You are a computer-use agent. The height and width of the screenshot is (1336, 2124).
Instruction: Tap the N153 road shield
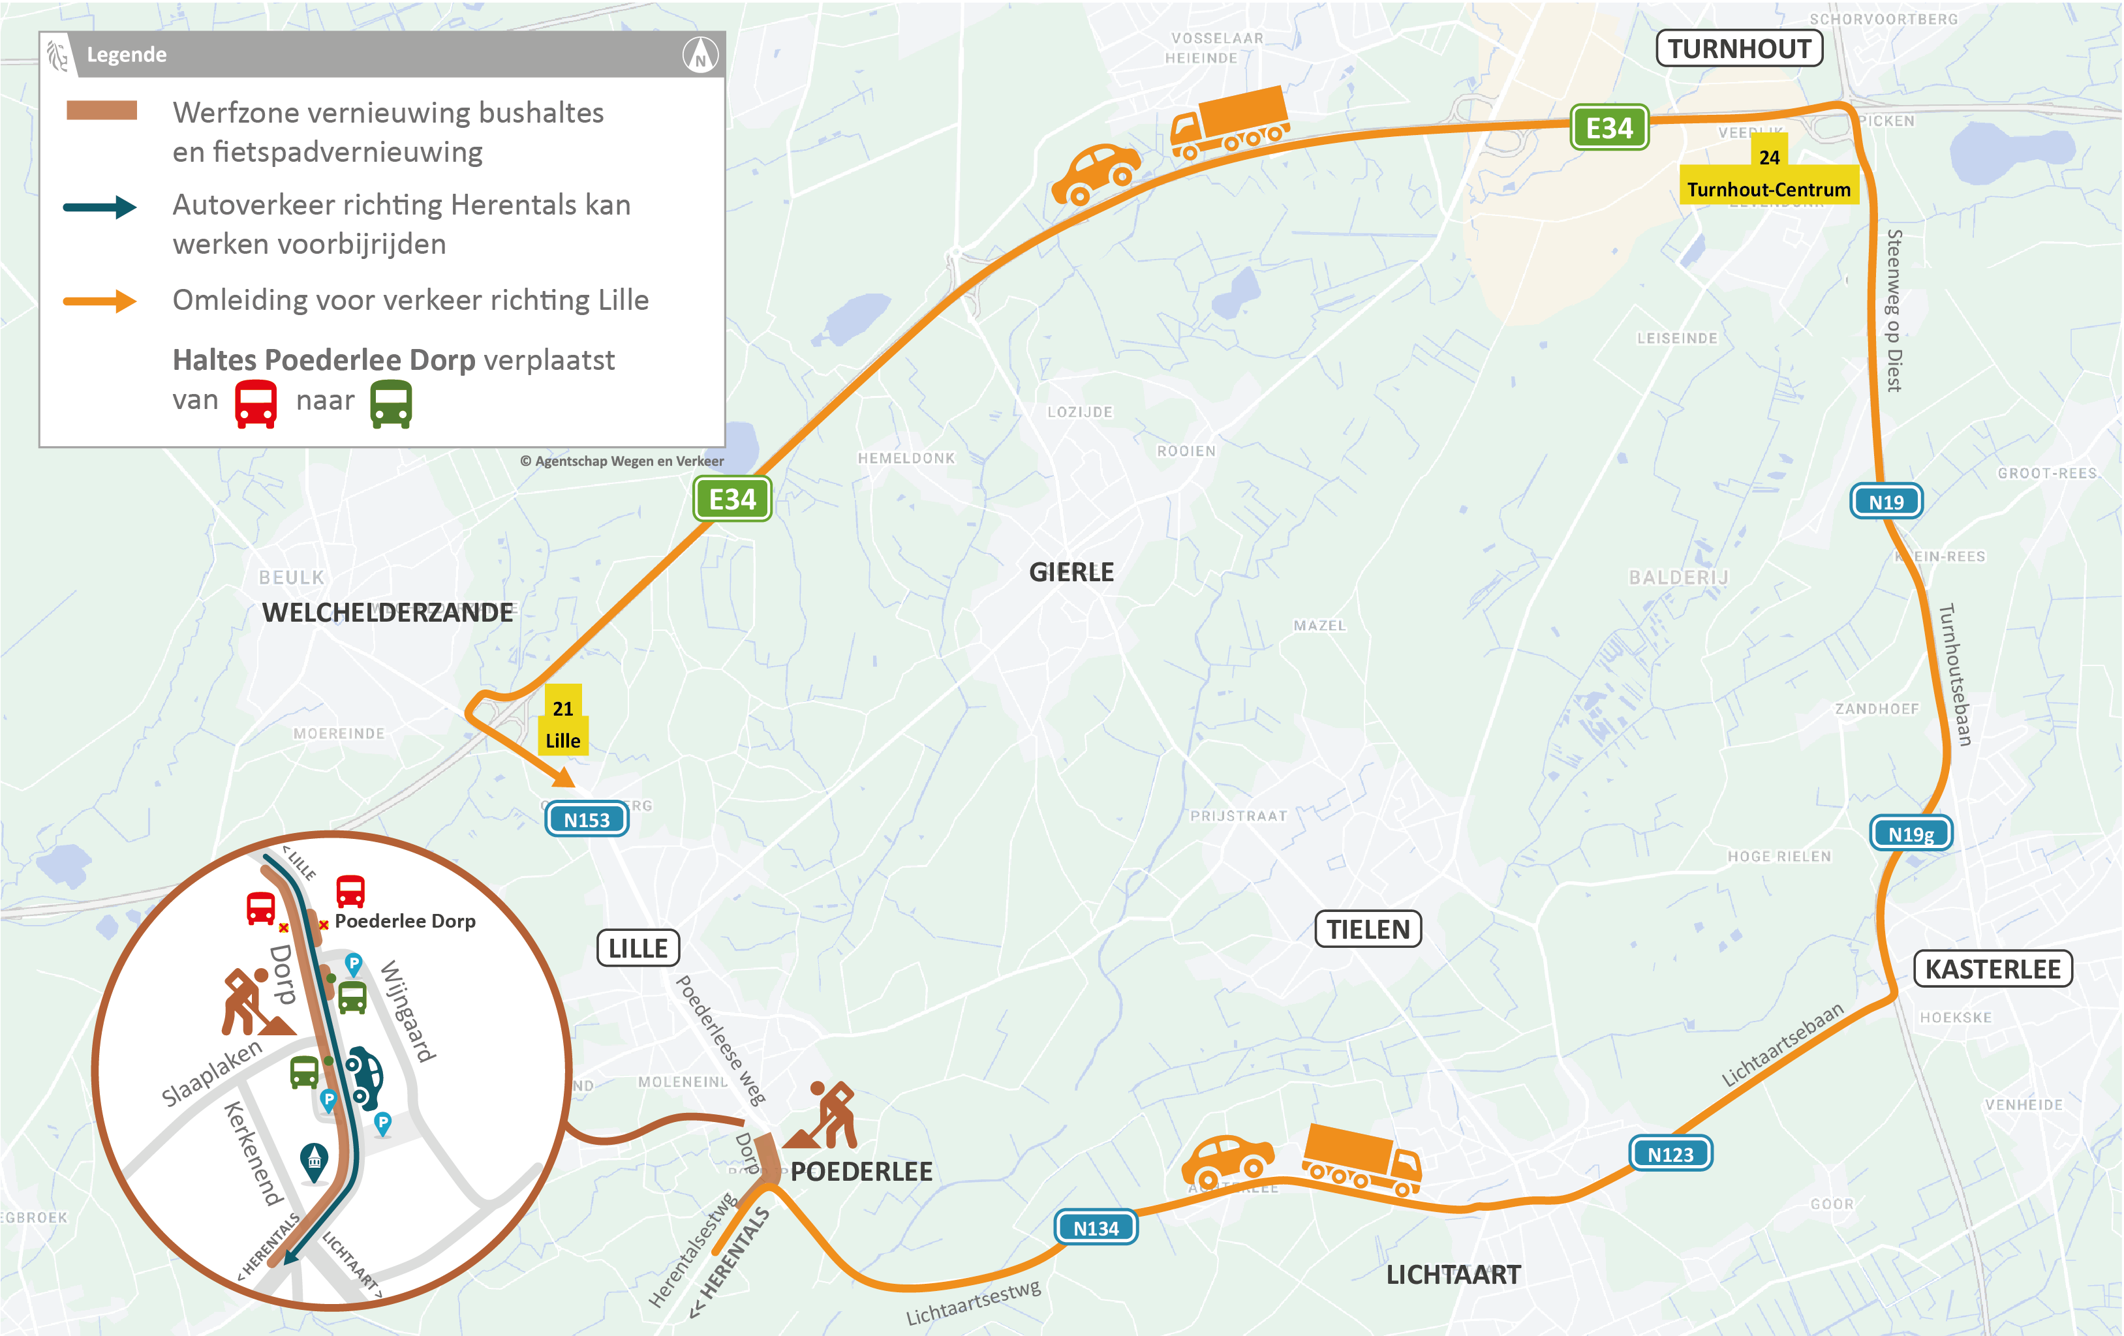(587, 819)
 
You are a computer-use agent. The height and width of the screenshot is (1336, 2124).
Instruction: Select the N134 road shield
(1096, 1228)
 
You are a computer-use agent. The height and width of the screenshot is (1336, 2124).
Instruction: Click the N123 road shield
(1670, 1153)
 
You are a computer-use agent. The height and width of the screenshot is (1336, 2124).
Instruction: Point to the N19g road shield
(1911, 833)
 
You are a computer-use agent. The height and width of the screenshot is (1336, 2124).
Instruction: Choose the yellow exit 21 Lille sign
(562, 723)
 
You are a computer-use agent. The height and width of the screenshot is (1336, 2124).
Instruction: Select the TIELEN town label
(1368, 930)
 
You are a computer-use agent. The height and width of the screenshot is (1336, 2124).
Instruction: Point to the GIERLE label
(1071, 572)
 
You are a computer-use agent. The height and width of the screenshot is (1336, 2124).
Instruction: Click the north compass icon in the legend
(700, 55)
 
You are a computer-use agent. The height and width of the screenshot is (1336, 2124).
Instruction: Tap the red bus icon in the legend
(256, 404)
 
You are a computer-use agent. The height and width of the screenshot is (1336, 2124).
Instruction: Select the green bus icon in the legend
(392, 404)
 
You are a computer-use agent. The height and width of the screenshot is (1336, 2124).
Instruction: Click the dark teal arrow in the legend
(100, 207)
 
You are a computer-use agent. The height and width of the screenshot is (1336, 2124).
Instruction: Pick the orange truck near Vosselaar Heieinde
(1231, 122)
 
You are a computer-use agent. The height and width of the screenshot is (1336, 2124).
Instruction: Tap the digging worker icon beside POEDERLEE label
(824, 1116)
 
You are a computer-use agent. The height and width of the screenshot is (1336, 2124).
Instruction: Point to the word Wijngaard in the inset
(408, 1012)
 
